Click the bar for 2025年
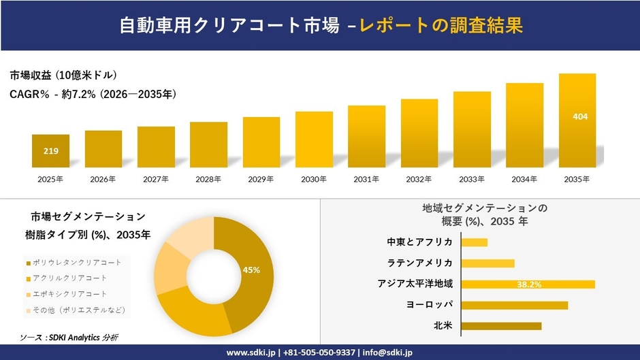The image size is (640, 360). point(50,151)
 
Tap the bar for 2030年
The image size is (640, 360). point(314,140)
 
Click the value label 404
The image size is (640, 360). point(580,116)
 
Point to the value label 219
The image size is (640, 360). point(50,151)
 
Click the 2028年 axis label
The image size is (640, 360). point(208,179)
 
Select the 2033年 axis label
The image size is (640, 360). point(472,179)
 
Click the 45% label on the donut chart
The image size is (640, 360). point(251,270)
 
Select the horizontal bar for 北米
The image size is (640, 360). point(501,326)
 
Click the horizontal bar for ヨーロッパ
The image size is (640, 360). point(514,305)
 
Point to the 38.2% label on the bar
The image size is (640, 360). point(529,284)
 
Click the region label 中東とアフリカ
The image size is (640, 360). point(419,242)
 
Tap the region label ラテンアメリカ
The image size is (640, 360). point(419,263)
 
